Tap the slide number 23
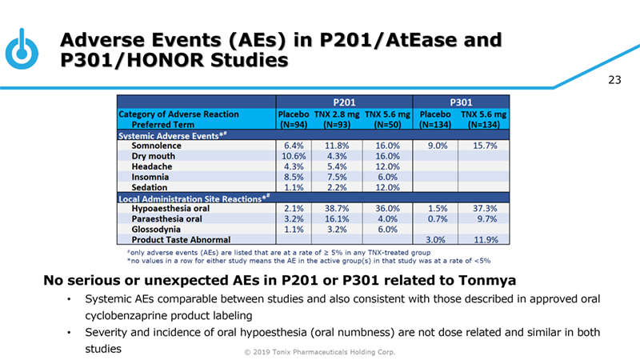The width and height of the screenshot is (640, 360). [x=614, y=79]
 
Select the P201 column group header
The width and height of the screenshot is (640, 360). [x=344, y=102]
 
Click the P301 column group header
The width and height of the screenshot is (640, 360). [x=463, y=102]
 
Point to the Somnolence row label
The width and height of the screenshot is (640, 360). [x=156, y=146]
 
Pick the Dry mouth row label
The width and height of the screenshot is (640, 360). [x=154, y=157]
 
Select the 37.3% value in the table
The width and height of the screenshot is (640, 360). [x=486, y=208]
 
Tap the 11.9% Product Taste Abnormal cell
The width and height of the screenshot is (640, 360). [x=486, y=239]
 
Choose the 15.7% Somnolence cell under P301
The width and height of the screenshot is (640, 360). [x=486, y=146]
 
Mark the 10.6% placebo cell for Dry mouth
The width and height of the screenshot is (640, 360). [x=294, y=157]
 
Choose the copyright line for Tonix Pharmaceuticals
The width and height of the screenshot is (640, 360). [x=320, y=352]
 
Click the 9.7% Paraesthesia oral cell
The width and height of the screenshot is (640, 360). [x=486, y=218]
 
